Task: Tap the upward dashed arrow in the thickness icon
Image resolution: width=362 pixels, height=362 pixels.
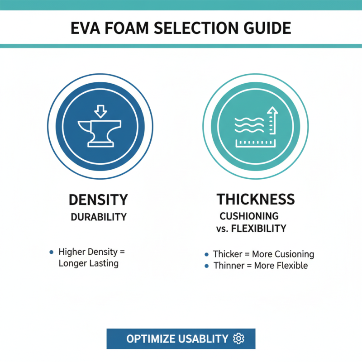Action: (272, 120)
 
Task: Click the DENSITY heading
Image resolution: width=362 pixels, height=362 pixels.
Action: (98, 200)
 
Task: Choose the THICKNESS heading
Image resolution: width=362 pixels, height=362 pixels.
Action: (256, 199)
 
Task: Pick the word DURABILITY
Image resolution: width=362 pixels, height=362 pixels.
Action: (98, 217)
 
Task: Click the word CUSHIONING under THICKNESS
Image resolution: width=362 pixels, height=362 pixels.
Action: (249, 216)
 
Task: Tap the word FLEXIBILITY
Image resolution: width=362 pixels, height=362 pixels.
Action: (258, 229)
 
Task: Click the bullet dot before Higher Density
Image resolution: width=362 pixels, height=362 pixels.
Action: (52, 251)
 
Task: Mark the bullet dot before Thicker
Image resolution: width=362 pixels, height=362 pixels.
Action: (207, 254)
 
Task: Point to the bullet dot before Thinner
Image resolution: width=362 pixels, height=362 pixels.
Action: (207, 266)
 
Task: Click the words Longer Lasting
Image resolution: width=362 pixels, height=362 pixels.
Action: (89, 263)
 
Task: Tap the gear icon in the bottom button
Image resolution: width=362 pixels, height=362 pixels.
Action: (238, 338)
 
